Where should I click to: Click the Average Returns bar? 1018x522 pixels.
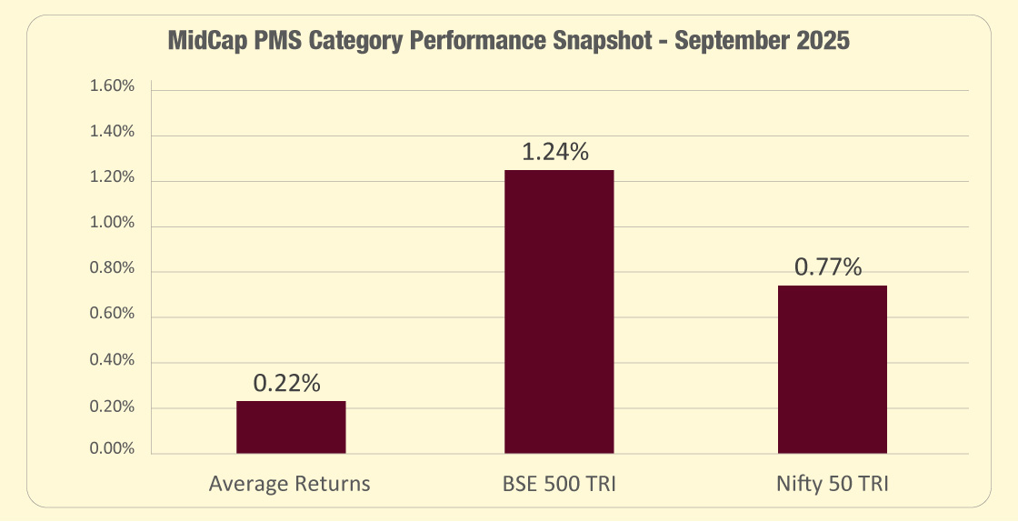pos(291,427)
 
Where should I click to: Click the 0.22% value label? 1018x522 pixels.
pos(287,384)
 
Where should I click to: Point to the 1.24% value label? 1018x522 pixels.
pos(555,152)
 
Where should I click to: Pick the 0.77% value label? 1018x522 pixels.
pos(828,267)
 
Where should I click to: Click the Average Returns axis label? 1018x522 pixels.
pos(290,484)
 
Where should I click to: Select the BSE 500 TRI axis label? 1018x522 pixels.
pos(559,484)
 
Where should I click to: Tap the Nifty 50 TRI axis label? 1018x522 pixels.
pos(832,484)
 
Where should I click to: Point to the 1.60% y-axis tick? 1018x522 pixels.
pos(112,87)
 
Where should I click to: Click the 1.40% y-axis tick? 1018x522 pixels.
pos(112,133)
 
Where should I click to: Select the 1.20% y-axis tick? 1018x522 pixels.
pos(112,178)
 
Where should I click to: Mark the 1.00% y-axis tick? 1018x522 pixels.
pos(112,224)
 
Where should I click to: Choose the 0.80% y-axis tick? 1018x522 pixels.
pos(112,269)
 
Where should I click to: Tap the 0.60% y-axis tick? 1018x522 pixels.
pos(112,315)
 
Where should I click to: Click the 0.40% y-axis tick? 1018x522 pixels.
pos(112,361)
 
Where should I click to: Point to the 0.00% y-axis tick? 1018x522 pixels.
pos(112,449)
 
